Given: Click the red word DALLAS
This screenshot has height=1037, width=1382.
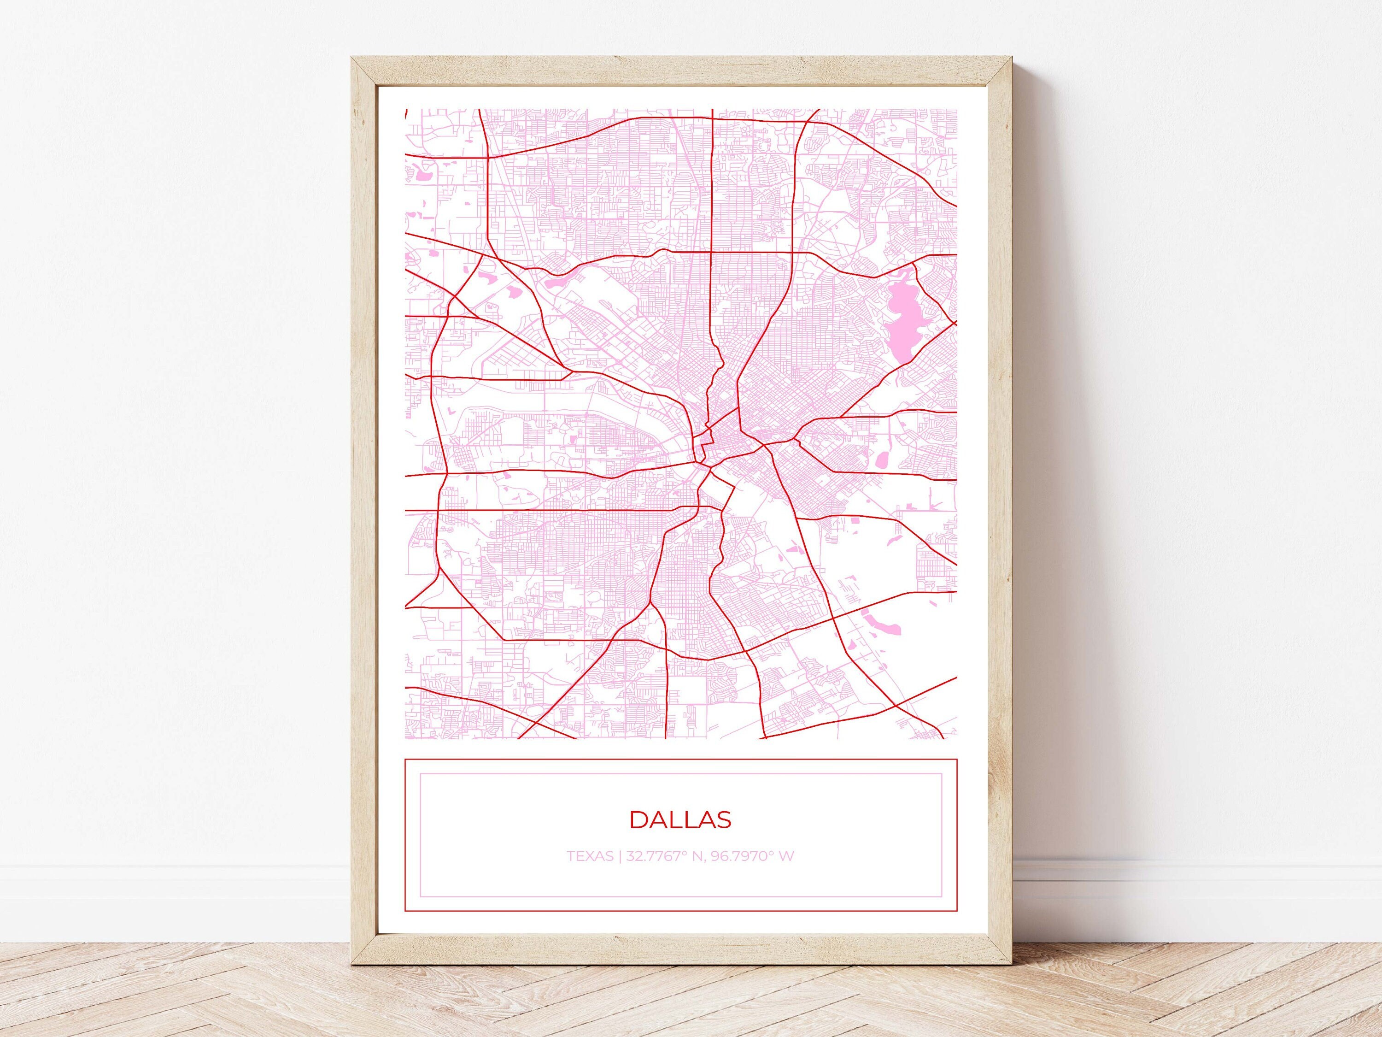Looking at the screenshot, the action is [680, 819].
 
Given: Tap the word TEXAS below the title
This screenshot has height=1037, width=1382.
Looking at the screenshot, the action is [590, 856].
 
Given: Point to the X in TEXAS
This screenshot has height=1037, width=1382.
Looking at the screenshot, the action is [589, 856].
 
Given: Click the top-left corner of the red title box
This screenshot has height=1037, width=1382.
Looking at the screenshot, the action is [405, 760].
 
